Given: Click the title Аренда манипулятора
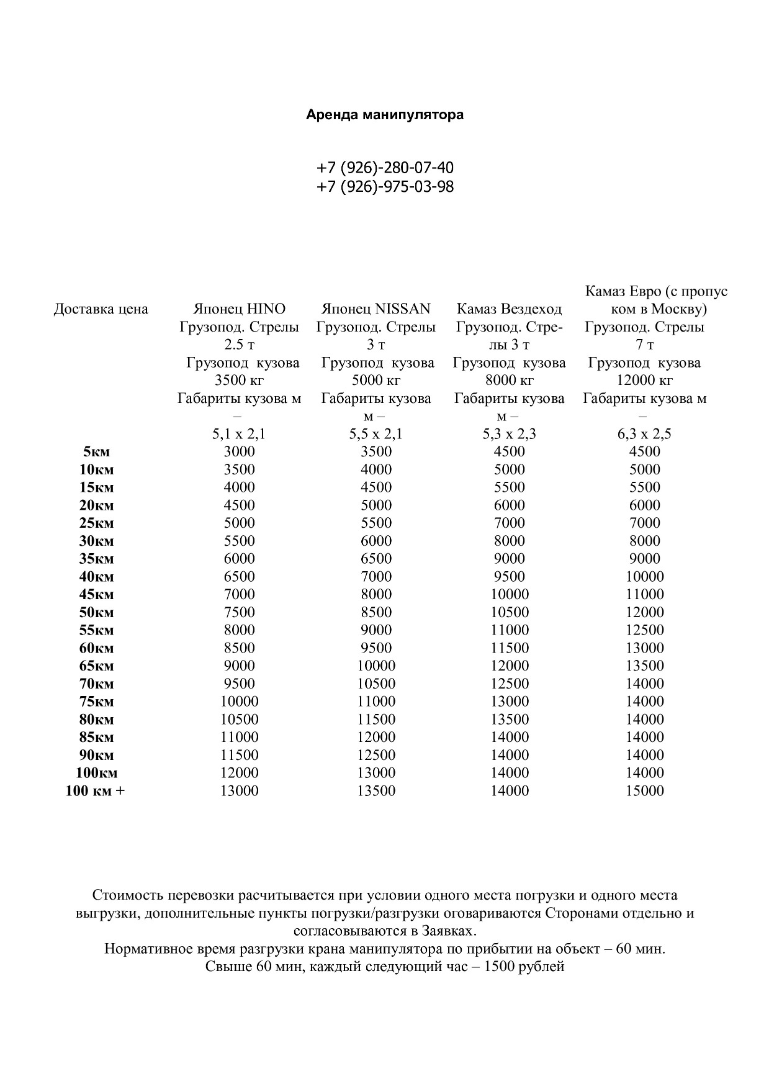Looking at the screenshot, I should [x=385, y=115].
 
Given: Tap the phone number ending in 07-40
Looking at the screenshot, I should [x=385, y=168].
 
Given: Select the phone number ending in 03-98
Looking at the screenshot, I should [x=385, y=186].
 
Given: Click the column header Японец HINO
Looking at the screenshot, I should [x=240, y=309].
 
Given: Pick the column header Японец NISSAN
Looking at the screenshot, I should [x=376, y=309].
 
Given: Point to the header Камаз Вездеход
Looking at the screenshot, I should [x=509, y=309].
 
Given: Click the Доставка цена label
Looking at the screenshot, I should [x=101, y=309].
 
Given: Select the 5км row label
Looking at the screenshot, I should [x=96, y=451].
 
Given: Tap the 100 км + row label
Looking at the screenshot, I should [x=95, y=791].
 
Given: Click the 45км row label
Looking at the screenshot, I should [x=96, y=594].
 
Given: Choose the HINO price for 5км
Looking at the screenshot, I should [x=240, y=451].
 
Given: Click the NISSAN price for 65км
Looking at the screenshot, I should [x=376, y=666].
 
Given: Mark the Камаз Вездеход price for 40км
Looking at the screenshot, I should [x=509, y=576].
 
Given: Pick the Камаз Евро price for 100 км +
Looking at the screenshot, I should [x=645, y=791].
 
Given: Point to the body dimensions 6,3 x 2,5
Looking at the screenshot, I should [x=645, y=433].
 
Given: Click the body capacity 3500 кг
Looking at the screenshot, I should [x=240, y=380].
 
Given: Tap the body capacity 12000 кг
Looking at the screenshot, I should [x=645, y=380].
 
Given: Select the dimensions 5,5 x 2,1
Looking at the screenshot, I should [x=376, y=433].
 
